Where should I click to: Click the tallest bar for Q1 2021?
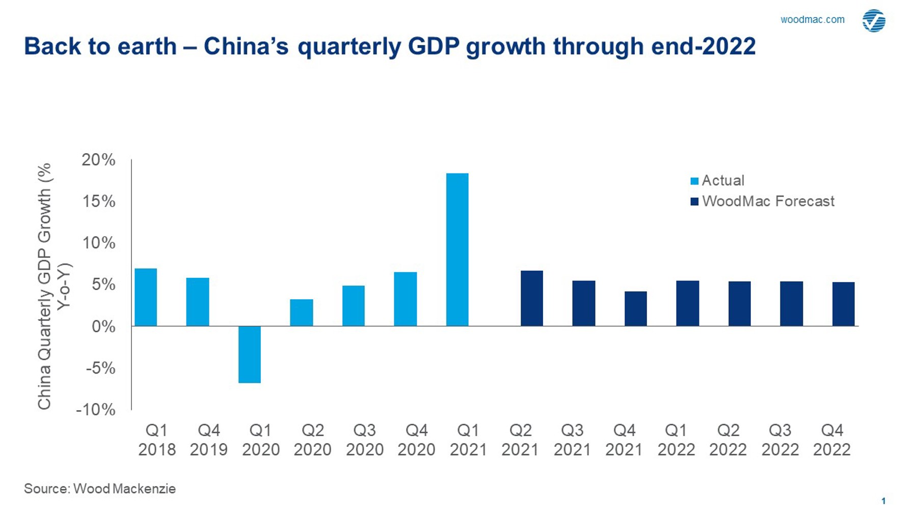[x=457, y=249]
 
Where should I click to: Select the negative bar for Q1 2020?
[x=250, y=354]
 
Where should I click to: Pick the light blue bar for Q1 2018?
[x=146, y=297]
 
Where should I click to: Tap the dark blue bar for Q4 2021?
[x=635, y=309]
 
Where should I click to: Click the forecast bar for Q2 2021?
[x=531, y=298]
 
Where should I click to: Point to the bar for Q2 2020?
[x=302, y=312]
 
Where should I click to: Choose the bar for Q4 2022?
[x=843, y=304]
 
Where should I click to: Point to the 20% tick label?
[x=99, y=160]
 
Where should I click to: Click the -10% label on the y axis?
[x=96, y=410]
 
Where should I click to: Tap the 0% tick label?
[x=103, y=326]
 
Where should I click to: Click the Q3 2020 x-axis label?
[x=364, y=440]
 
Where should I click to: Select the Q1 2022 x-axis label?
[x=676, y=440]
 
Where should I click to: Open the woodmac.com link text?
[x=812, y=20]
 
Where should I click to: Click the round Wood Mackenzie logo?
[x=874, y=21]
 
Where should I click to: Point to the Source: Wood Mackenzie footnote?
[x=100, y=489]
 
